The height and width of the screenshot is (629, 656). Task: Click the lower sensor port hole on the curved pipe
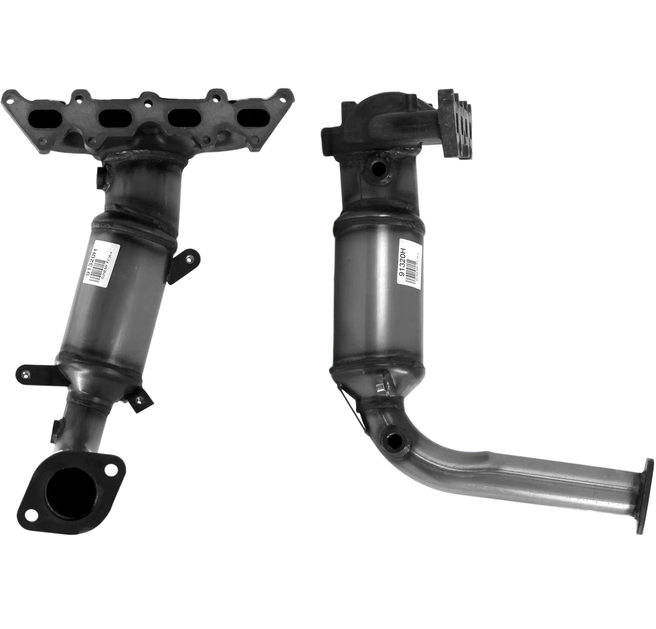(393, 439)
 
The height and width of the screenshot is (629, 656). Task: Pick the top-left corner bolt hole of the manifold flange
(9, 99)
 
